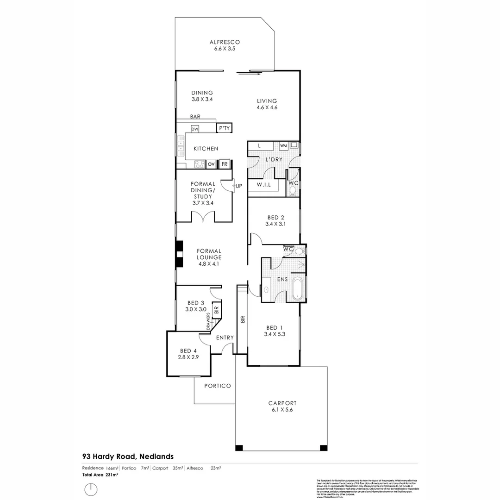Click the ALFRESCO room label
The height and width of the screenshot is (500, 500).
[224, 42]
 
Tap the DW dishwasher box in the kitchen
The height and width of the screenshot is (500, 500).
[194, 129]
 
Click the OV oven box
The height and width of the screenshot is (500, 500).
[211, 164]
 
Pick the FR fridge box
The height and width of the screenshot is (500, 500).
[225, 164]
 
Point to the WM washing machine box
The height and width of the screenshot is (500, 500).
[283, 146]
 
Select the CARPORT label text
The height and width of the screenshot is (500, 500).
[282, 403]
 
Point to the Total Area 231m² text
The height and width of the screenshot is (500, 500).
[100, 475]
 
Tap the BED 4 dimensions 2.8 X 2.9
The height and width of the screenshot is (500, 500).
[188, 357]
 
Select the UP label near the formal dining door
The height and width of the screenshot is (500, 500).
[239, 186]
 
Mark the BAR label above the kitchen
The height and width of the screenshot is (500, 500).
[194, 117]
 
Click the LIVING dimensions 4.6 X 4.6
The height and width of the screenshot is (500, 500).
[268, 107]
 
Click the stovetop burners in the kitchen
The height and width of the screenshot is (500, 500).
[199, 164]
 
